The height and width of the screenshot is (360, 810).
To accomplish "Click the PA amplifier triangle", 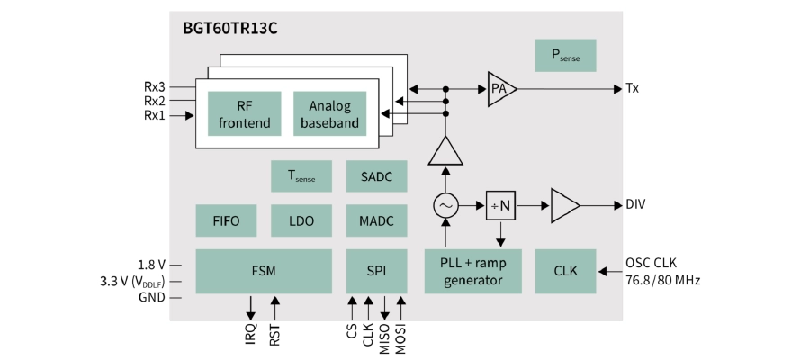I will (x=500, y=88).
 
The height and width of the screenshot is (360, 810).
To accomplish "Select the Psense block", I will (x=565, y=55).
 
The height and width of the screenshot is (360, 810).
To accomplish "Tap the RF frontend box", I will (x=244, y=113).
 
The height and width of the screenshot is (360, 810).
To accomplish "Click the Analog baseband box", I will (x=330, y=113).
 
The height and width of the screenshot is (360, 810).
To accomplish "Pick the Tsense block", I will (x=301, y=175).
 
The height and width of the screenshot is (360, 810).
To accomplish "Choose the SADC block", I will (x=376, y=175).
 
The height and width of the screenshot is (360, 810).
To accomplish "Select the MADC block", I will (x=376, y=220).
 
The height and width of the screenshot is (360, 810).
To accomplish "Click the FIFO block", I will (x=226, y=220).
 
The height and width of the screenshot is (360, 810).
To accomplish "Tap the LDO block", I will (x=301, y=220).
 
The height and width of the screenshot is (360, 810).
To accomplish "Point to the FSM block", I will (x=264, y=271).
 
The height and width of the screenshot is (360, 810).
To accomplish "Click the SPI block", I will (x=376, y=271).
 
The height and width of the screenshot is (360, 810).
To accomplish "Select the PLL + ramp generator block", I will (x=472, y=271).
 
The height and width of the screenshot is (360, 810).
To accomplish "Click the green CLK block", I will (x=565, y=271).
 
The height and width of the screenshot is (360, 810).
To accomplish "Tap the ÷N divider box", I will (x=500, y=205).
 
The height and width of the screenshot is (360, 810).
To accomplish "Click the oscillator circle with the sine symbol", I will (x=445, y=206).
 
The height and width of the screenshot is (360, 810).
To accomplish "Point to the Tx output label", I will (x=632, y=88).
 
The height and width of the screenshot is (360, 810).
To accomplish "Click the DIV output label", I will (x=636, y=205).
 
